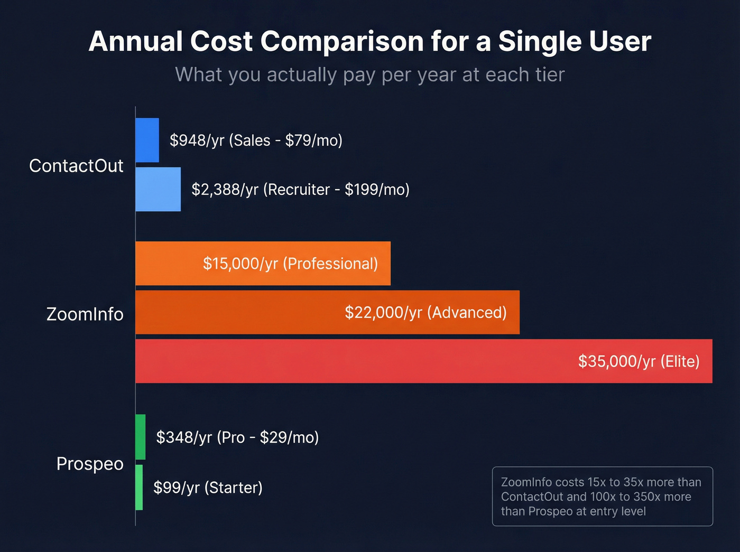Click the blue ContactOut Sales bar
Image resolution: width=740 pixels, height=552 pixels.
click(x=147, y=140)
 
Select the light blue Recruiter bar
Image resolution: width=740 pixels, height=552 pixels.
click(x=158, y=189)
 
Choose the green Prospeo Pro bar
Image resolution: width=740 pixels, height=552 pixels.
click(x=141, y=437)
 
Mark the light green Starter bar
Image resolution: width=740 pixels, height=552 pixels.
click(x=139, y=487)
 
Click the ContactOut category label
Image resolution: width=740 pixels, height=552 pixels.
click(x=76, y=166)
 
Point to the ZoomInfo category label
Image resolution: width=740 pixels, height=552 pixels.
click(x=85, y=314)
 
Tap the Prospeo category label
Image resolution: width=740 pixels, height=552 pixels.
click(x=90, y=464)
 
